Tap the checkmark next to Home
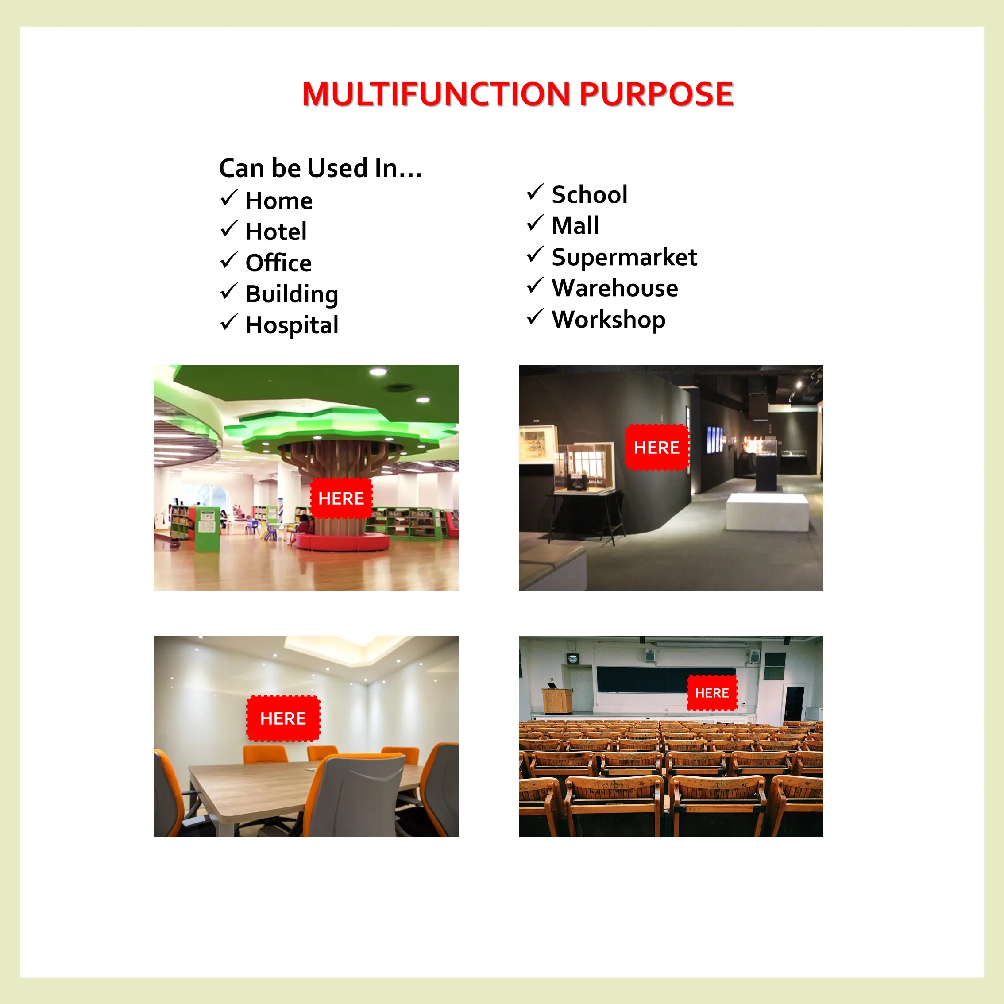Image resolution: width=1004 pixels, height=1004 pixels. coord(229,198)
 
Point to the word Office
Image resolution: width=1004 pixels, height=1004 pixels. coord(278,263)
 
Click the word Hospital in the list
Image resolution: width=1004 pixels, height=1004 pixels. coord(292,325)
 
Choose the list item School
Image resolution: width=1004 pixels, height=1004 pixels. coord(589,194)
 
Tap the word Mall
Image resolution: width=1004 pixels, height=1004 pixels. coord(575,225)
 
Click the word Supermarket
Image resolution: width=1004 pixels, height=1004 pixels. coord(624,257)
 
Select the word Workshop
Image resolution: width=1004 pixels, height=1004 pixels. coord(609,320)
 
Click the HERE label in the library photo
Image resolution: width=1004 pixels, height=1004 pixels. coord(341,498)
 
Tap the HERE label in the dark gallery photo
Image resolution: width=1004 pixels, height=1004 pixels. coord(656,448)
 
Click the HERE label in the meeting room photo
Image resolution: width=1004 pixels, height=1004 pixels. coord(283,718)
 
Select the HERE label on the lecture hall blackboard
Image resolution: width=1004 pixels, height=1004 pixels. coord(712,693)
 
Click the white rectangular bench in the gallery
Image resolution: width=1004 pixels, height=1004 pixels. coord(767,512)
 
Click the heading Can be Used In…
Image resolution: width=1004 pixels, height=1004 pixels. coord(320,168)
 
